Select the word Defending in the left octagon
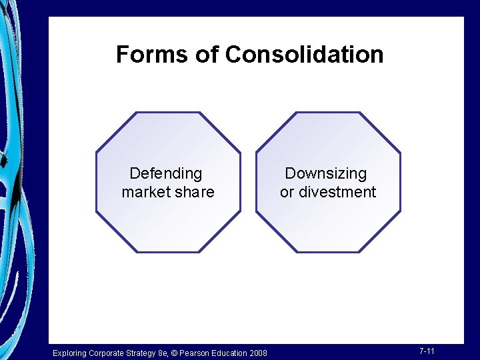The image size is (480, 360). click(x=166, y=173)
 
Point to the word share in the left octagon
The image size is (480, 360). click(x=196, y=192)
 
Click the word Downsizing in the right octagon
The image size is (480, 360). click(x=326, y=173)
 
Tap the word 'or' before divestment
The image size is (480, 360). click(x=287, y=192)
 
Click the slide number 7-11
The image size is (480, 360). click(x=427, y=351)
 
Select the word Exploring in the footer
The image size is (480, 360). click(x=69, y=353)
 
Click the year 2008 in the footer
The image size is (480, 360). click(x=258, y=353)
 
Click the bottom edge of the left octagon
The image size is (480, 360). click(x=168, y=252)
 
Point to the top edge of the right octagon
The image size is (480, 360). click(x=328, y=113)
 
